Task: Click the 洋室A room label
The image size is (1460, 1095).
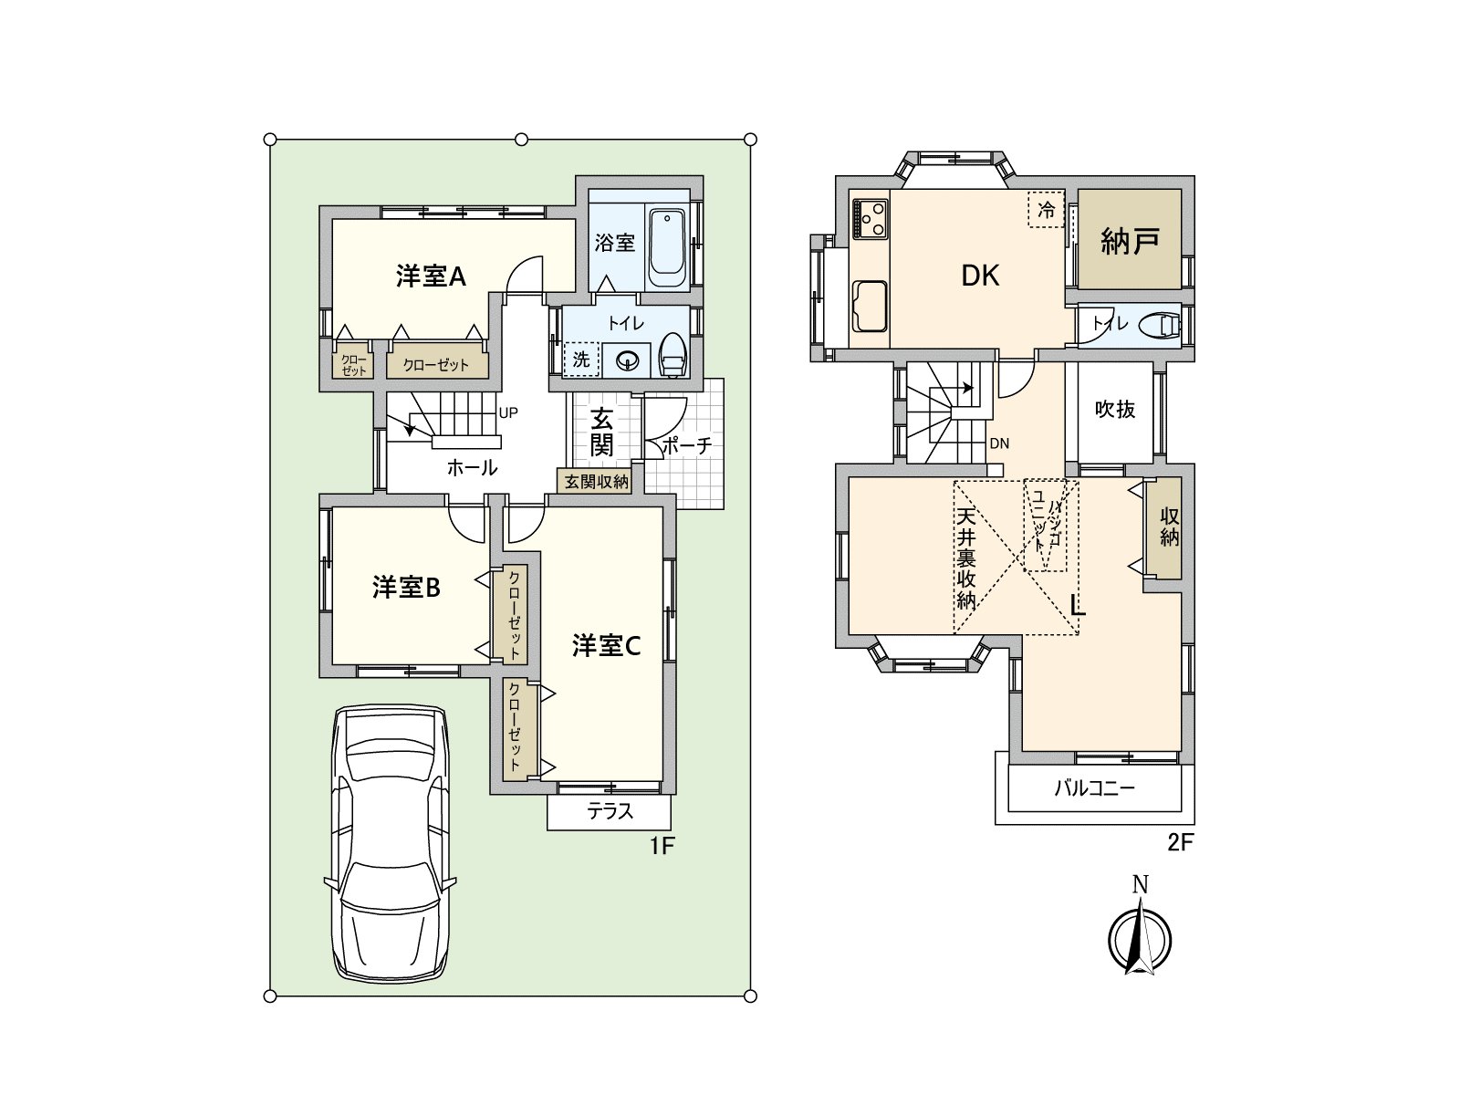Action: [431, 276]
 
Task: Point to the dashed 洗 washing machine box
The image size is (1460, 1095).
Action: [581, 359]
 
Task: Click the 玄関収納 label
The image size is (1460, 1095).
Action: [597, 481]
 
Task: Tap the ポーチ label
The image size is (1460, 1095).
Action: [686, 445]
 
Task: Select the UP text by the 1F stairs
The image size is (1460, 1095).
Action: [508, 412]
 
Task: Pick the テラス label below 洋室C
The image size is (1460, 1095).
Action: [610, 811]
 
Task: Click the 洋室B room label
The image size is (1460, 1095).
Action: [406, 588]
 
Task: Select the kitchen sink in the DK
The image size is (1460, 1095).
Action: [870, 305]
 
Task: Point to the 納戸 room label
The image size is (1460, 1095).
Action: [1130, 241]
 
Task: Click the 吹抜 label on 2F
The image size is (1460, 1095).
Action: [1115, 410]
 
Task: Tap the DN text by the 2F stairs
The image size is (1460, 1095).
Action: [999, 443]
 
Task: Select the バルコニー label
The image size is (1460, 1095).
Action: [1095, 788]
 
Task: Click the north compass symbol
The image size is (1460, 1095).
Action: [1140, 938]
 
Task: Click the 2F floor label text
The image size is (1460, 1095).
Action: [1180, 843]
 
